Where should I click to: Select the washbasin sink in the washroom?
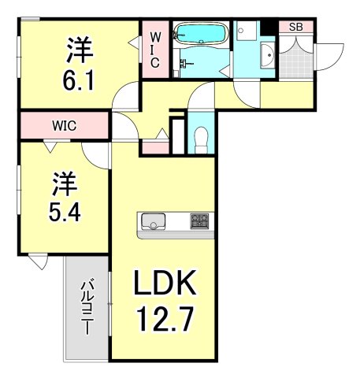click(266, 56)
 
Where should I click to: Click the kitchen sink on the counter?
click(152, 220)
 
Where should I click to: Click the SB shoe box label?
click(295, 27)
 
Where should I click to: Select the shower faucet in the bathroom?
click(184, 61)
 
